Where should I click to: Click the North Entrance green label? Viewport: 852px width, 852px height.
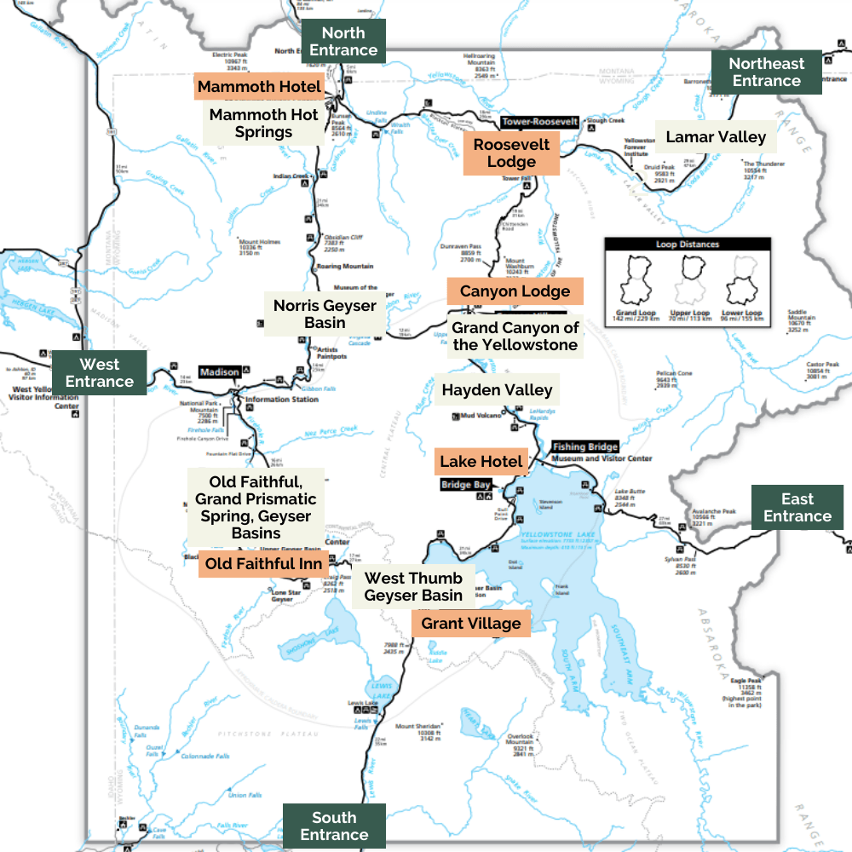pos(343,42)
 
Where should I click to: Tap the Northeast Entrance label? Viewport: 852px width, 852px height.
pos(766,72)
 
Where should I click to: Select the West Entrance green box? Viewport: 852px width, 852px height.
pos(99,373)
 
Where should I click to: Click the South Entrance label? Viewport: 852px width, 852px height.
pos(334,826)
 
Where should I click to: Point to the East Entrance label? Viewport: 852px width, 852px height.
pos(797,508)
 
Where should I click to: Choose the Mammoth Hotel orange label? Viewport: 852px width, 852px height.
pos(259,87)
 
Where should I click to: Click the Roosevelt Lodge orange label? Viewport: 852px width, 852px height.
pos(511,153)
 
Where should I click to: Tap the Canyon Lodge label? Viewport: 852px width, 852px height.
pos(515,291)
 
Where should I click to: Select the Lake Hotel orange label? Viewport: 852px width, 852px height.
pos(481,462)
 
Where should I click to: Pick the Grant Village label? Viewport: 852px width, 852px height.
pos(470,624)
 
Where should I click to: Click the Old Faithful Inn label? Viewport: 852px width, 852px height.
pos(263,564)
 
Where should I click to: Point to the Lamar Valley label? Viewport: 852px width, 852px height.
pos(716,137)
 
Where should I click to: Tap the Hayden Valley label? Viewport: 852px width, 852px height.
pos(497,391)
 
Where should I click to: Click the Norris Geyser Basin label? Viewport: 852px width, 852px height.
pos(325,314)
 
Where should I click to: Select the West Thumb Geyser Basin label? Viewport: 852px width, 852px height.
pos(413,587)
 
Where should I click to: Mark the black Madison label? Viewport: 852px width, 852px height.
pos(220,371)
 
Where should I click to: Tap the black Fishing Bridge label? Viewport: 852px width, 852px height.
pos(584,446)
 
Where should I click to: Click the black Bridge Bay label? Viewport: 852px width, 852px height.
pos(466,485)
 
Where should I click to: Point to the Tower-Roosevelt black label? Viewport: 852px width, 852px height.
pos(540,122)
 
